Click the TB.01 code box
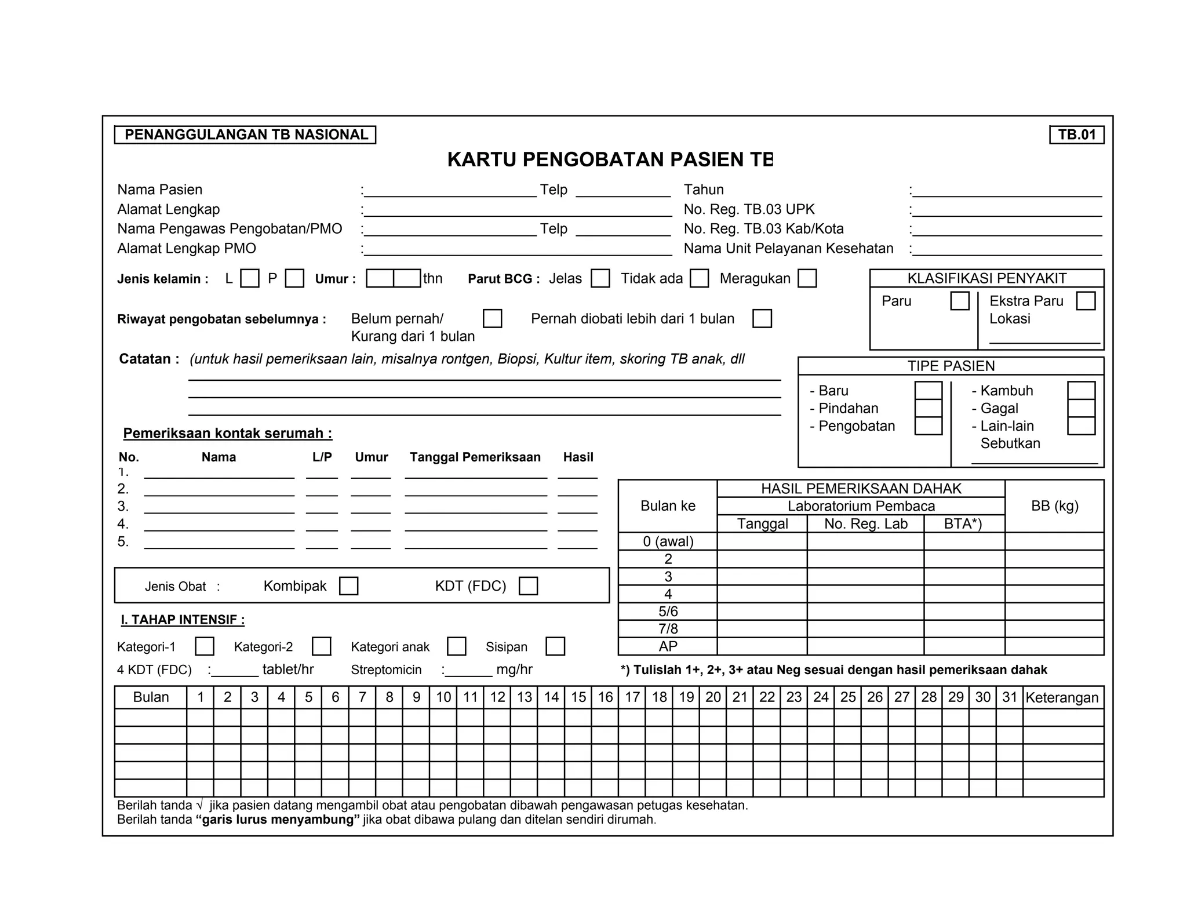pos(1076,134)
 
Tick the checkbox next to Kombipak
pos(348,585)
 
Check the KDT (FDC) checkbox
pos(528,585)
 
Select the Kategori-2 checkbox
pos(321,646)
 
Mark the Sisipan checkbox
pos(555,646)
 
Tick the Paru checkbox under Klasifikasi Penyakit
pos(960,301)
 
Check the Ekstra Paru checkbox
pos(1085,301)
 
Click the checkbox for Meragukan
pos(807,278)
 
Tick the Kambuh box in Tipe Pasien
pos(1080,390)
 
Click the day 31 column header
pos(1009,697)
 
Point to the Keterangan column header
pos(1062,697)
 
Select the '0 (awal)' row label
pos(668,541)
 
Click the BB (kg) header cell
pos(1054,505)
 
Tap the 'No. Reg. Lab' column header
pos(865,523)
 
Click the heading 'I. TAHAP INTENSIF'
pos(183,620)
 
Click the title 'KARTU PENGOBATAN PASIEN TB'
pos(610,159)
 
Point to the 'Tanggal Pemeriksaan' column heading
pos(475,457)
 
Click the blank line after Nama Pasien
pos(450,191)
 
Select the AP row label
pos(668,646)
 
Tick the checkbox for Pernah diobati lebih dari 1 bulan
pos(762,318)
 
